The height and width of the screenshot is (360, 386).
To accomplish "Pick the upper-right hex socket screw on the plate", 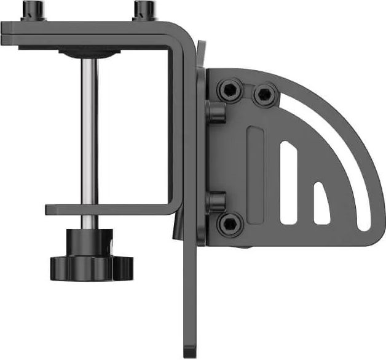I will pyautogui.click(x=264, y=94).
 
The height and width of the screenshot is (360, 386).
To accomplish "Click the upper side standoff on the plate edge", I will pyautogui.click(x=216, y=112).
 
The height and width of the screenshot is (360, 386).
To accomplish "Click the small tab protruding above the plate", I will pyautogui.click(x=202, y=52).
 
